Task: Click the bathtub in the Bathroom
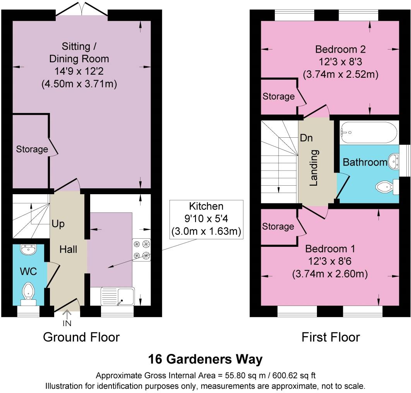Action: coord(368,132)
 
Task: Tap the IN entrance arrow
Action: coord(67,318)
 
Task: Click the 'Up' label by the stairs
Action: coord(58,224)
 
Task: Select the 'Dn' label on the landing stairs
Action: coord(306,138)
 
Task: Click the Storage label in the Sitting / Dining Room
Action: coord(32,149)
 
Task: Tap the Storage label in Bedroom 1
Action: coord(278,226)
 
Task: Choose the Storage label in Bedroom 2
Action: coord(279,96)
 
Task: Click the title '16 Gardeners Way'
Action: coord(205,359)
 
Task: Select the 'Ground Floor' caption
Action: coord(81,337)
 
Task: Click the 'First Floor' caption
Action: coord(331,337)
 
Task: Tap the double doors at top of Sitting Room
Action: coord(81,10)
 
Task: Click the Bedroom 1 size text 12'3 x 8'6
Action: coord(329,261)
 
